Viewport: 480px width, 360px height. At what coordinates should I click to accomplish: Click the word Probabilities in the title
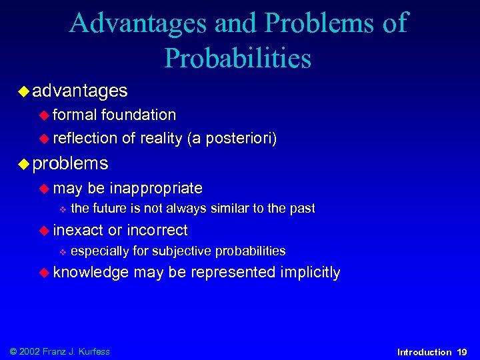tap(237, 58)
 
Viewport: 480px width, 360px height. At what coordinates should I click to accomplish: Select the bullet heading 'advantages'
tap(80, 89)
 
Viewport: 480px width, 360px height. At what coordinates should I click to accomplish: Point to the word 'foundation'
tap(139, 115)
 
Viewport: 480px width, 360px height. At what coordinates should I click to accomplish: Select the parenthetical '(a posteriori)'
tap(232, 138)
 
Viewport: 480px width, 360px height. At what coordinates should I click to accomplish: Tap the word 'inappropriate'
tap(156, 189)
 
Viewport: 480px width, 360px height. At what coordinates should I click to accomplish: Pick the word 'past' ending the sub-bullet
tap(302, 209)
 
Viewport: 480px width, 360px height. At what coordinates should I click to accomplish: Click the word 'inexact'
tap(78, 231)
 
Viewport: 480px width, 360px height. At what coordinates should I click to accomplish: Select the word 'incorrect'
tap(157, 231)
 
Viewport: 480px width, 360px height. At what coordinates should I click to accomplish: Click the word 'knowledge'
tap(91, 272)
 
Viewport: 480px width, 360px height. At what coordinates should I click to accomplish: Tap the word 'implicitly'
tap(311, 272)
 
